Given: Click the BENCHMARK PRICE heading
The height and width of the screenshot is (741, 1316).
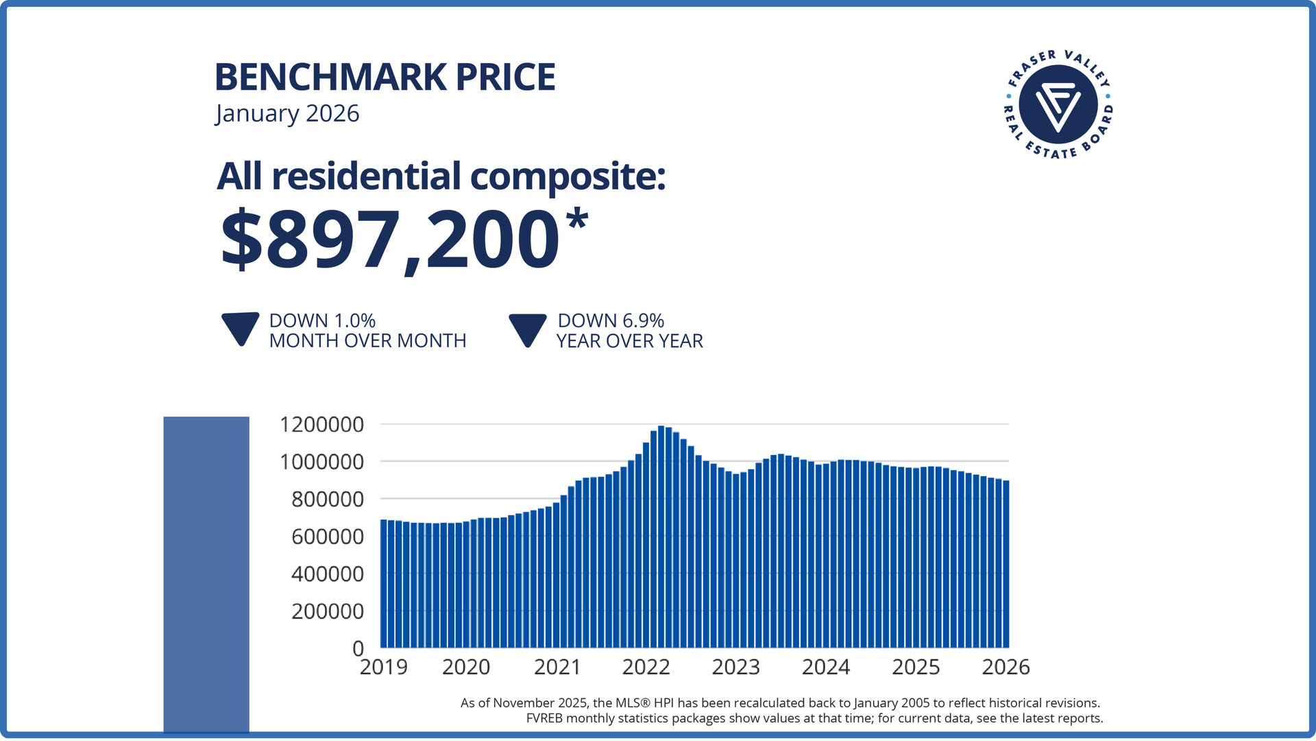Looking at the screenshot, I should coord(385,77).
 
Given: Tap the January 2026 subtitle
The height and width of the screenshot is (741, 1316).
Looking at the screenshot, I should coord(287,113).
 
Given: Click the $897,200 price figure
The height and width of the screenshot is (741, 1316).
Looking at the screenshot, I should coord(389,240).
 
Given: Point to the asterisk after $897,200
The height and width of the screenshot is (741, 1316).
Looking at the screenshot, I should coord(577,221).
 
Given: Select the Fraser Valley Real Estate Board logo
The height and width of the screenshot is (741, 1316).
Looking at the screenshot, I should coord(1058,104).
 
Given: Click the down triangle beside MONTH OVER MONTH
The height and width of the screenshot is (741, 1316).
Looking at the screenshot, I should coord(240,328).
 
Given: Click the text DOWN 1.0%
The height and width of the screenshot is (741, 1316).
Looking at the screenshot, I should coord(322,320).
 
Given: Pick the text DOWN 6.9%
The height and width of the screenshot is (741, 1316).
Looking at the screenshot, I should coord(611,320).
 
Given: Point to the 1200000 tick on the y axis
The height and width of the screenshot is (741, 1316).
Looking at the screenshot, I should coord(321,425).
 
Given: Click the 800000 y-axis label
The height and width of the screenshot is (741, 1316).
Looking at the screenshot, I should coord(327,499).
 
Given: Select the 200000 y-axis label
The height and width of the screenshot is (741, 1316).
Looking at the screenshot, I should coord(327,611).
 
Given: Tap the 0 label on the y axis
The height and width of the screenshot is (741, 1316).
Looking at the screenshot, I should coord(358,648).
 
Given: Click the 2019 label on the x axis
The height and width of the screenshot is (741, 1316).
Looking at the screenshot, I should coord(383,667).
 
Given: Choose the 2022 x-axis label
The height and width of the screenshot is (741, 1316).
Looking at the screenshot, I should coord(646,667).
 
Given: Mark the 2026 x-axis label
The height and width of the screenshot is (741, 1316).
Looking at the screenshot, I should coord(1006,667).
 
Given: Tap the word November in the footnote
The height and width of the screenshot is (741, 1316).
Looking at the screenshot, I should coord(528,703).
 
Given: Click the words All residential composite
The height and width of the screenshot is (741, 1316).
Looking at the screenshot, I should coord(441,176).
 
